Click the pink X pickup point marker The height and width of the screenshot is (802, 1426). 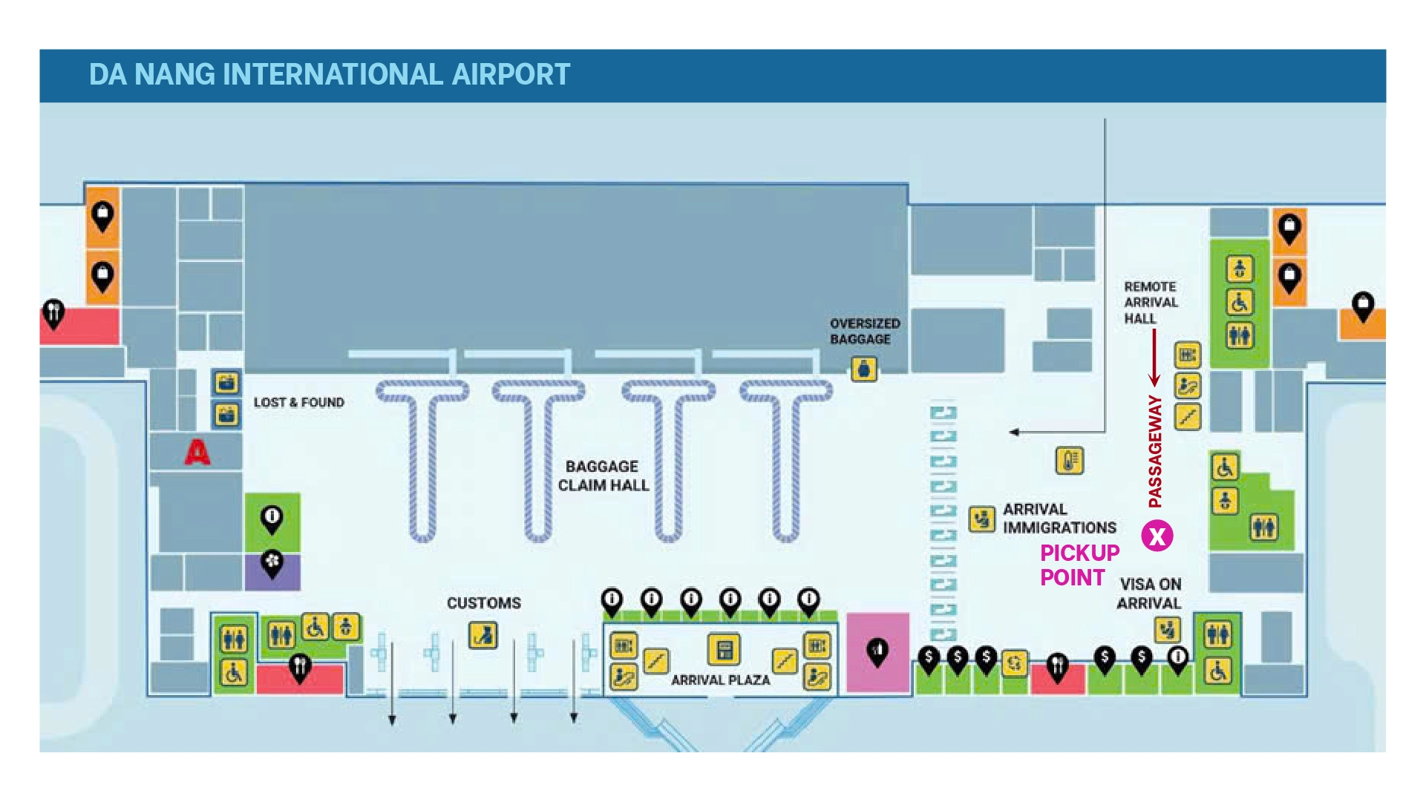coord(1157,536)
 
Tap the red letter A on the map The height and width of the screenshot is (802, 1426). coord(197,452)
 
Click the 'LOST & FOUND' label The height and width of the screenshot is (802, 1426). coord(299,402)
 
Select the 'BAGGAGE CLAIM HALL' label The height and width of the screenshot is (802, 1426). coord(604,476)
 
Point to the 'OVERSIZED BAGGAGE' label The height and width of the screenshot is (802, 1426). coord(865,331)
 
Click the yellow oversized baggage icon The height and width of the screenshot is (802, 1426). coord(863,369)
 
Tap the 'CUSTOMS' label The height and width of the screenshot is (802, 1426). coord(484,602)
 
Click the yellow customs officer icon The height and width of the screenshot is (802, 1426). coord(483,635)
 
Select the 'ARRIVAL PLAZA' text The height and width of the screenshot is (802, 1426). coord(720,680)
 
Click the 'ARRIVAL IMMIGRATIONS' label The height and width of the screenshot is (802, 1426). coord(1059,518)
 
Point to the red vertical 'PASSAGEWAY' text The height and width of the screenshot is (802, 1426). coord(1155,451)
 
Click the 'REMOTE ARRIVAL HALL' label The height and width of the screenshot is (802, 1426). coord(1151,302)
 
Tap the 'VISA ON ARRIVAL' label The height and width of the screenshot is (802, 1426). coord(1149,594)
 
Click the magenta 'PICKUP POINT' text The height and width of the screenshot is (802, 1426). coord(1079,565)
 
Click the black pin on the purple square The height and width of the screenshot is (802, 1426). coord(272,563)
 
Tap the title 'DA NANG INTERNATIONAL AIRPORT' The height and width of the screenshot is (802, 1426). coord(330,74)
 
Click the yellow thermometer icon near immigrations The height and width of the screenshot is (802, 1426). coord(1069,461)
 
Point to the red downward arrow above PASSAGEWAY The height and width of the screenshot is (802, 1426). coord(1154,358)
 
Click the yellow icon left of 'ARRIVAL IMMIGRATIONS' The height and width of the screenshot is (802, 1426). coord(981,519)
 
